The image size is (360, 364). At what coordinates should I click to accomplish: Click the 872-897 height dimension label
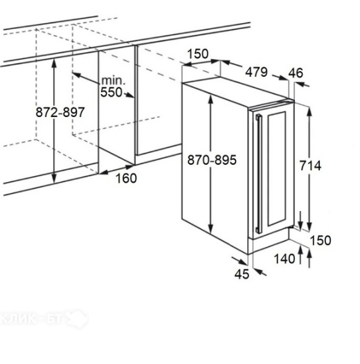tap(60, 112)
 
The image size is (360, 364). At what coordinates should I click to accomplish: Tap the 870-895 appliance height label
tap(212, 160)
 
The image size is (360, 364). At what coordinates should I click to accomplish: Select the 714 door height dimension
tap(310, 166)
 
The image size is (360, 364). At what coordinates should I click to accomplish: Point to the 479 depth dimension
tap(256, 72)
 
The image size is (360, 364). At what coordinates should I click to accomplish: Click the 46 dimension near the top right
tap(296, 73)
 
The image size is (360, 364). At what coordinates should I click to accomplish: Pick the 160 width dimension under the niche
tap(126, 179)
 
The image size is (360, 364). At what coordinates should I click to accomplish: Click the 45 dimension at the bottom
tap(242, 274)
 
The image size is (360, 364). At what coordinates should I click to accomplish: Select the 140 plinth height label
tap(285, 259)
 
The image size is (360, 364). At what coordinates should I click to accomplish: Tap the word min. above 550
tap(113, 80)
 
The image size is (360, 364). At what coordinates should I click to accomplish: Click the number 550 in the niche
tap(111, 92)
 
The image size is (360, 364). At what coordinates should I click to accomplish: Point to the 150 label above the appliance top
tap(198, 54)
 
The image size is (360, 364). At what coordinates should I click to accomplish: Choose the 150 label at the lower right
tap(321, 240)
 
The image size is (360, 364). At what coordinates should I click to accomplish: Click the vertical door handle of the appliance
tap(258, 174)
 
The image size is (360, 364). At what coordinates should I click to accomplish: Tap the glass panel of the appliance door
tap(276, 169)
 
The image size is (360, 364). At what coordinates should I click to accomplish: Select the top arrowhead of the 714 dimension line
tap(309, 111)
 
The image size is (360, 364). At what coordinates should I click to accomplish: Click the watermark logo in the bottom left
tap(44, 319)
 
